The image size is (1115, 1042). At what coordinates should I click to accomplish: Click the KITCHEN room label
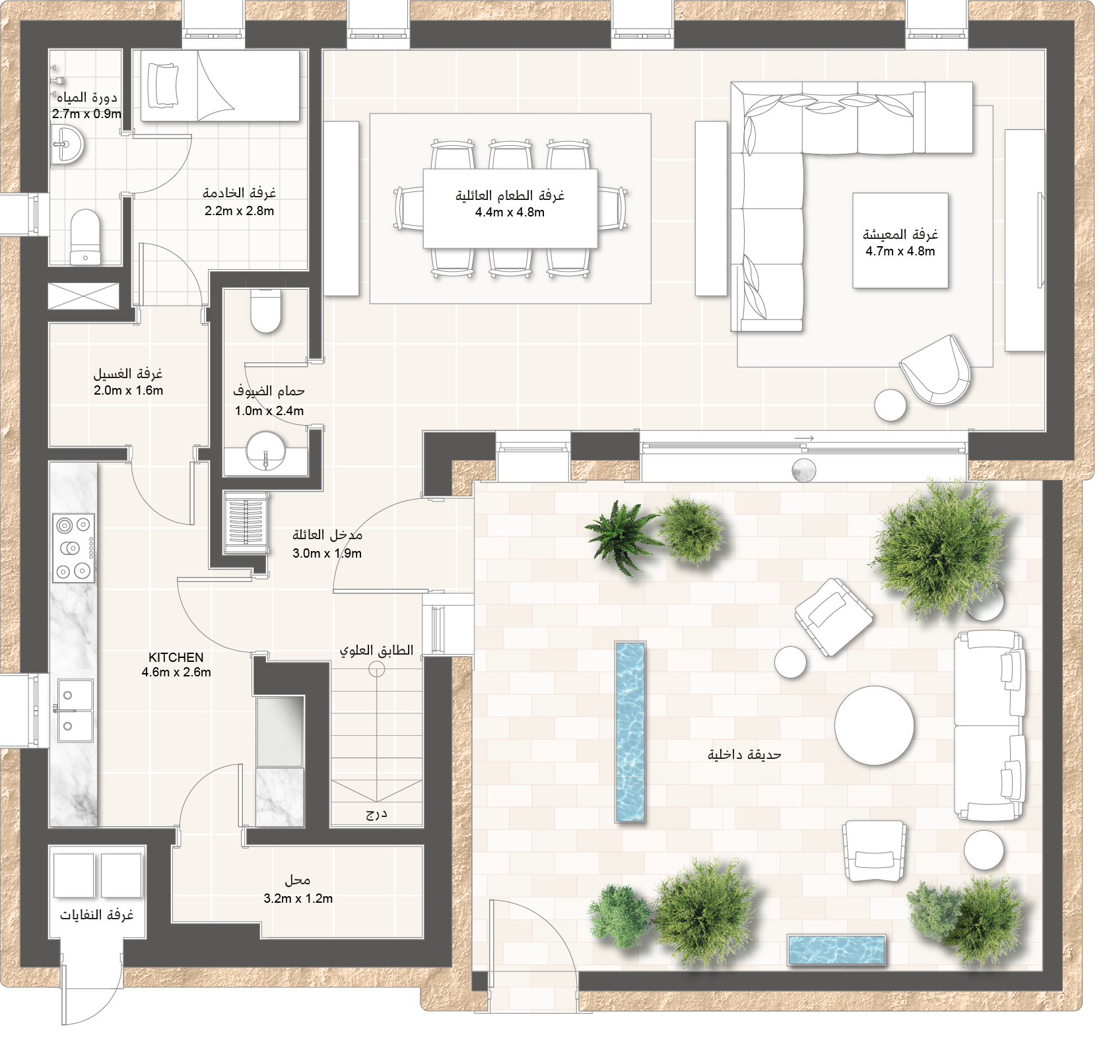point(176,657)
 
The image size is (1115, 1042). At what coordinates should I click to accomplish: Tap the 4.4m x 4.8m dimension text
point(510,212)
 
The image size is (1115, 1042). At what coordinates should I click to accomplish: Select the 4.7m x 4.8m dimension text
point(900,251)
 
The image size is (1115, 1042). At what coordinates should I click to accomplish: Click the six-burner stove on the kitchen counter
point(73,548)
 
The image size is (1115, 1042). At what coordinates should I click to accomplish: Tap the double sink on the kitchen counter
point(75,711)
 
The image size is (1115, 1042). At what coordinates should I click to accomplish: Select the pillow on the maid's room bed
point(162,85)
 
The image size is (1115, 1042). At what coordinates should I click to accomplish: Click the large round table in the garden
point(874,725)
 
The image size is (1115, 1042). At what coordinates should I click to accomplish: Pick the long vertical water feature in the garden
point(630,732)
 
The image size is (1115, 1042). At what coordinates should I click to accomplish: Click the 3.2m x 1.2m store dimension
point(298,899)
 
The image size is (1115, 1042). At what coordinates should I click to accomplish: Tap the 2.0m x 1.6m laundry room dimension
point(128,391)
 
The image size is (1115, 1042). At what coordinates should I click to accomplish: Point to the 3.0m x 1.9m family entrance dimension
point(327,554)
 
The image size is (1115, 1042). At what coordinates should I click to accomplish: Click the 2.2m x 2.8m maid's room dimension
point(239,211)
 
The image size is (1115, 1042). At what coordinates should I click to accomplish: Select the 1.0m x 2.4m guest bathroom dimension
point(269,411)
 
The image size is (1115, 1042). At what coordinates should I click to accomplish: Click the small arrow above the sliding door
point(804,438)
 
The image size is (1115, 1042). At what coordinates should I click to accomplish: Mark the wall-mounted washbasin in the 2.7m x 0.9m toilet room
point(67,145)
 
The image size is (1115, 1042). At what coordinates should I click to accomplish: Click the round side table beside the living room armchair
point(891,405)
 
